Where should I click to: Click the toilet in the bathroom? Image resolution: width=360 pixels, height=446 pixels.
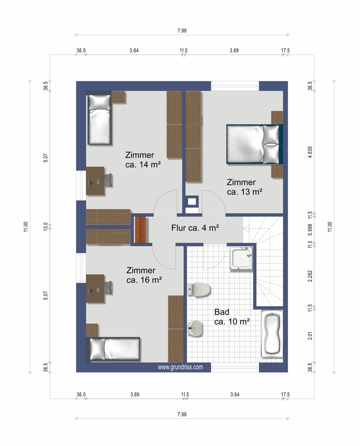(x=199, y=289)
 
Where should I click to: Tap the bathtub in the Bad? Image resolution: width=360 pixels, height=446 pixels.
(x=272, y=333)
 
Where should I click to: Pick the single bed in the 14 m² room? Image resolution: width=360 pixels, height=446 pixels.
(x=99, y=120)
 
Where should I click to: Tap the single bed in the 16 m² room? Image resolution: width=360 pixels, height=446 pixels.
(x=115, y=349)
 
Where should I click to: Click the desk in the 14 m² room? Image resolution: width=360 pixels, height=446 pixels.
(x=95, y=181)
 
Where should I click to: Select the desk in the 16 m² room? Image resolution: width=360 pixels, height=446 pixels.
(x=95, y=288)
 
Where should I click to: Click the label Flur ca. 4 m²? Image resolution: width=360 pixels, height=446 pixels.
(x=195, y=228)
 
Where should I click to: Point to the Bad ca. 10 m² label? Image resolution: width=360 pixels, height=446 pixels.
(x=232, y=317)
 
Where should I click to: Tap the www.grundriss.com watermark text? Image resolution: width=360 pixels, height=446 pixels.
(x=180, y=367)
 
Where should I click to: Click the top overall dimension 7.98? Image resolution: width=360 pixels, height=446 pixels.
(x=182, y=30)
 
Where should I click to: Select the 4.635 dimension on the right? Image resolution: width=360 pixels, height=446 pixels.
(x=310, y=152)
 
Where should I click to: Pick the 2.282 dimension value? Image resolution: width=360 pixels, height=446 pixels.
(x=310, y=276)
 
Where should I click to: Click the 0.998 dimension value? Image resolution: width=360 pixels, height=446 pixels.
(x=310, y=229)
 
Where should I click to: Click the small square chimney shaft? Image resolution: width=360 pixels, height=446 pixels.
(x=192, y=202)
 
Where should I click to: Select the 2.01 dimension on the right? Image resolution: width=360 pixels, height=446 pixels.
(x=310, y=336)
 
